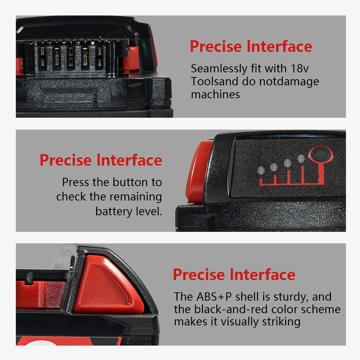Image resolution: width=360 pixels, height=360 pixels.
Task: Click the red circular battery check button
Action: [321, 155]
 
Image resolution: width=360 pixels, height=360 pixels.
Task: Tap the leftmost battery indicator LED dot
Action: [261, 171]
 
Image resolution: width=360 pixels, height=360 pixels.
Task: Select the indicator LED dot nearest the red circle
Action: [301, 158]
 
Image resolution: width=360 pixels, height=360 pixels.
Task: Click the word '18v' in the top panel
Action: [300, 68]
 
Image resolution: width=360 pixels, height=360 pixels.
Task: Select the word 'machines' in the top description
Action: [215, 94]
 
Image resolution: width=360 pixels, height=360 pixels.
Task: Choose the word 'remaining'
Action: [136, 197]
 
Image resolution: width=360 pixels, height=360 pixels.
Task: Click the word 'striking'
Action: [281, 322]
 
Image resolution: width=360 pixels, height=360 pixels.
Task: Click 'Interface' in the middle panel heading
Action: [130, 160]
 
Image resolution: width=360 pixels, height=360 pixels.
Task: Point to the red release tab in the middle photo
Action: [199, 172]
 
